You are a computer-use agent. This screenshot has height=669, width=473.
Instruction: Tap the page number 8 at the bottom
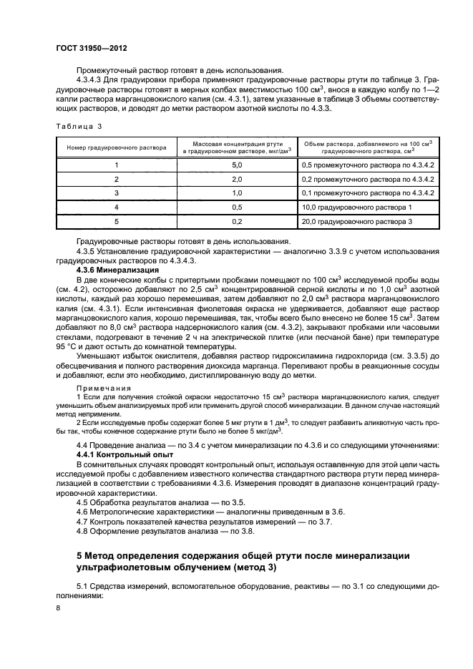pos(59,608)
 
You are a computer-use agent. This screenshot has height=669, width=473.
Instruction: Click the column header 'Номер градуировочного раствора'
pos(117,147)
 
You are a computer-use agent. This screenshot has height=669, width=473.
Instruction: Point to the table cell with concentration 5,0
pos(237,165)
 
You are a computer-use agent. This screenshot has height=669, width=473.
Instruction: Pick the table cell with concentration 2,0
pos(237,179)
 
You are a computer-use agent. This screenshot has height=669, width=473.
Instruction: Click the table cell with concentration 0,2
pos(237,222)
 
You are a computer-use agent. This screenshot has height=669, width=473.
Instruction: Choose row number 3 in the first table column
pos(117,193)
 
